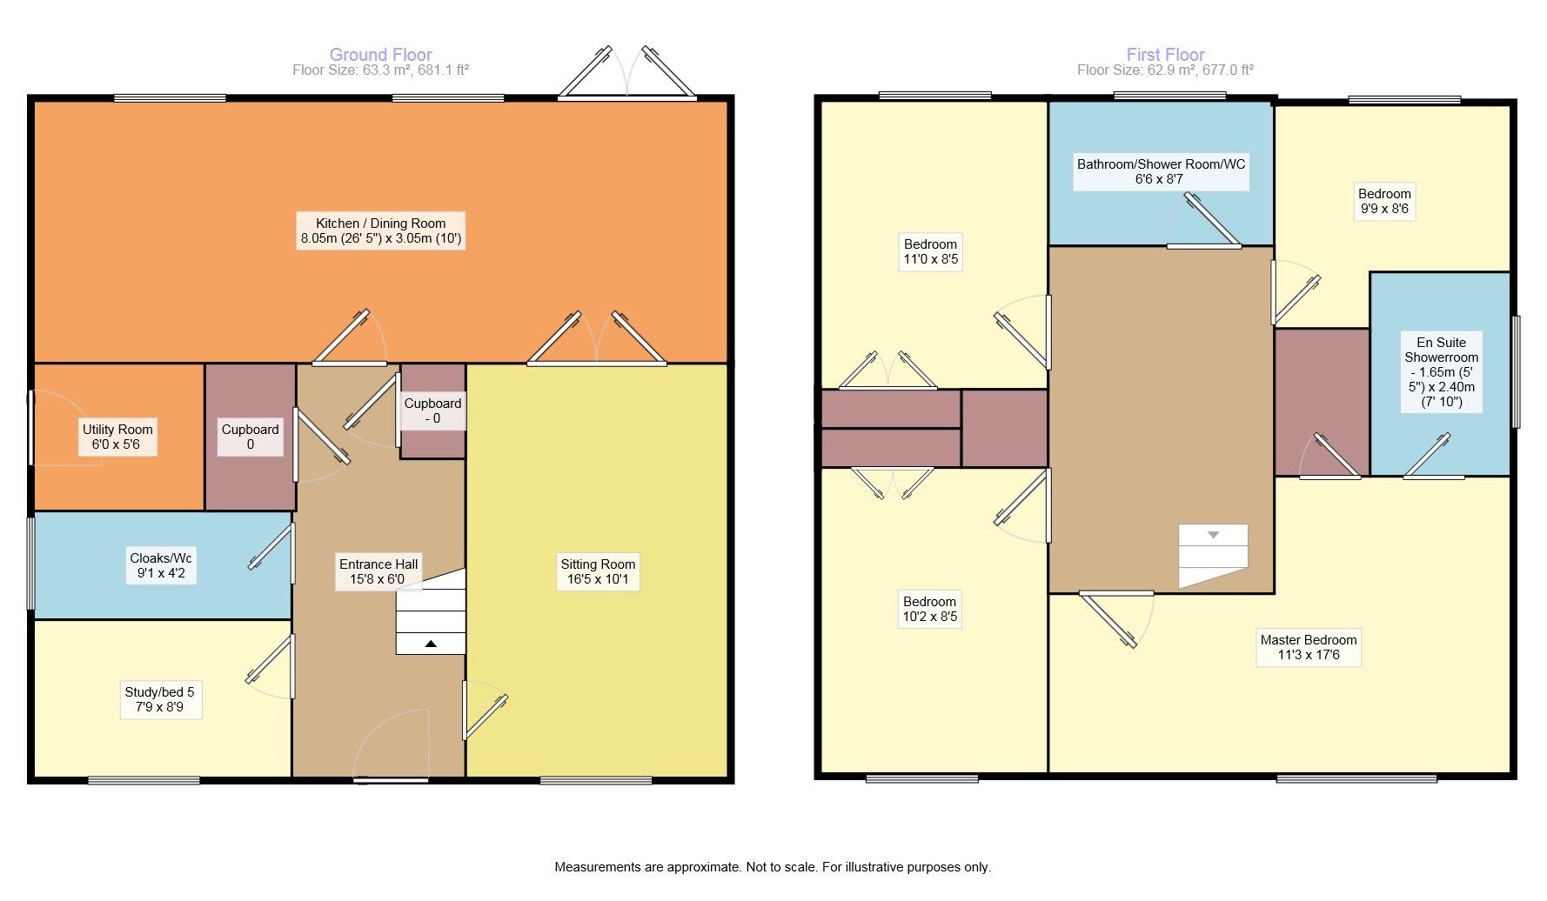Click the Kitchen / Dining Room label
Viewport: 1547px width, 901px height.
click(x=380, y=230)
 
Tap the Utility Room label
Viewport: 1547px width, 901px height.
click(x=117, y=437)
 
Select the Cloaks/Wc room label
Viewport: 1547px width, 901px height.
click(x=161, y=565)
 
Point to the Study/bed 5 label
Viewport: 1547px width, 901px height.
click(x=160, y=699)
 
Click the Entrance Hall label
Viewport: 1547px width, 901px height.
click(x=378, y=571)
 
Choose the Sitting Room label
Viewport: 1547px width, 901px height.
click(x=598, y=571)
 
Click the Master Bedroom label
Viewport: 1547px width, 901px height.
click(x=1309, y=647)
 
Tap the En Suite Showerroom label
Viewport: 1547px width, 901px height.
click(x=1441, y=371)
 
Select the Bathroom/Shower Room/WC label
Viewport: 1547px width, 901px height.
click(x=1161, y=171)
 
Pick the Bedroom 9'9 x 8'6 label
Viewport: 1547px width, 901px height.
click(x=1384, y=201)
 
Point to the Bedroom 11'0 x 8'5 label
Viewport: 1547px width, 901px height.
click(x=931, y=251)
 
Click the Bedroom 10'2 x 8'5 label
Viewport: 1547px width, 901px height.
click(x=930, y=609)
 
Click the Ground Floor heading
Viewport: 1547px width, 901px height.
click(x=381, y=55)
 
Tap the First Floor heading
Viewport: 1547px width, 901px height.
click(x=1166, y=55)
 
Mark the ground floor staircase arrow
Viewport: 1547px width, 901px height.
click(x=431, y=644)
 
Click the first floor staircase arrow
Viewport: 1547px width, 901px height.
click(x=1214, y=535)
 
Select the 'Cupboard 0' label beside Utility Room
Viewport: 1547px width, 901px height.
click(x=250, y=437)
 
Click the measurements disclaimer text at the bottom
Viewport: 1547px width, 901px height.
click(x=773, y=867)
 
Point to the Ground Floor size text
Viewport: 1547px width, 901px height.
click(x=381, y=70)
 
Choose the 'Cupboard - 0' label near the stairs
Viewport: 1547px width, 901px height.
click(x=432, y=410)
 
